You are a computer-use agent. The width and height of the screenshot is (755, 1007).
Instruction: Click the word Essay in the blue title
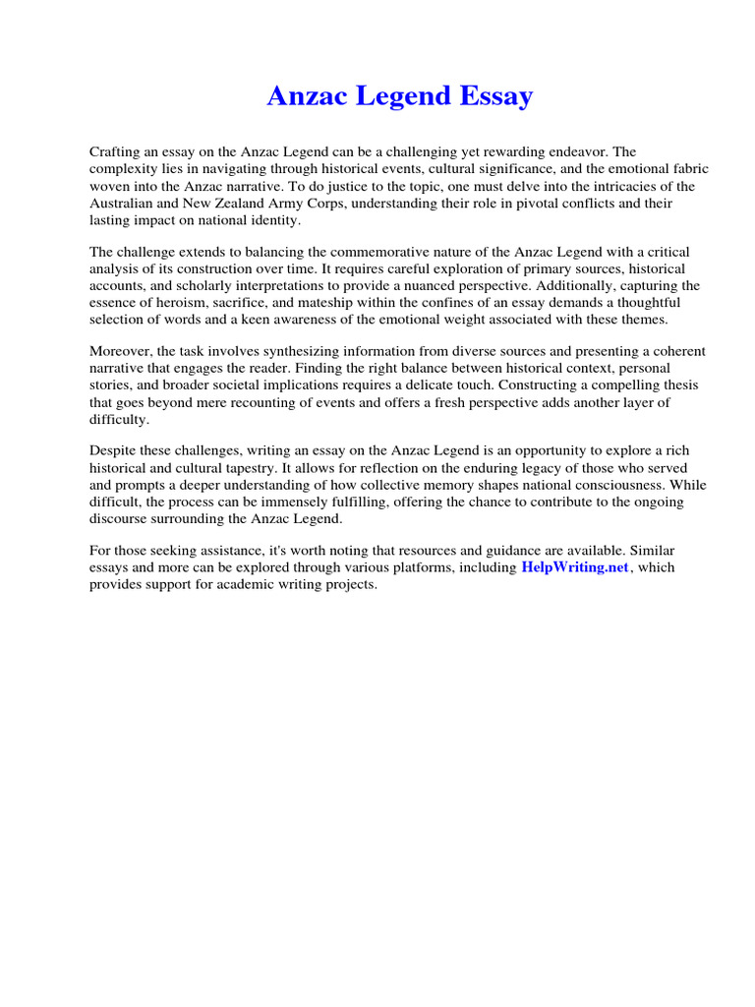pos(494,96)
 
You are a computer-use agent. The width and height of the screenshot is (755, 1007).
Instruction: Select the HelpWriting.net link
pos(574,567)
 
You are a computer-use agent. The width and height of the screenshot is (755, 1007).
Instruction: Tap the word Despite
pos(114,451)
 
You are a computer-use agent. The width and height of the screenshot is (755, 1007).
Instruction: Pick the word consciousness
pos(609,486)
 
